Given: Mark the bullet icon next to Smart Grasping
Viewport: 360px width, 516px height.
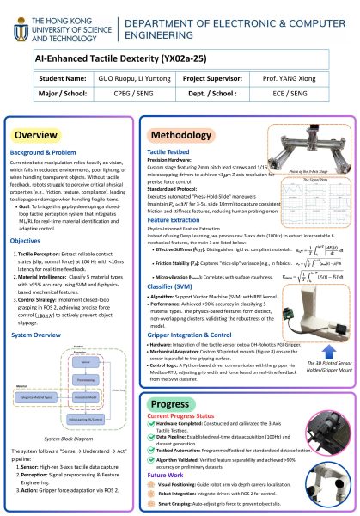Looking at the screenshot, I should (150, 495).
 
